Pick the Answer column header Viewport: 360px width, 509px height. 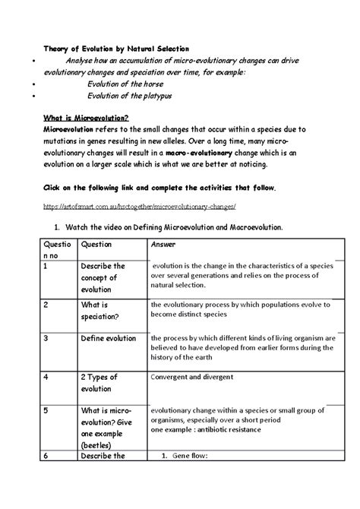(164, 245)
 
